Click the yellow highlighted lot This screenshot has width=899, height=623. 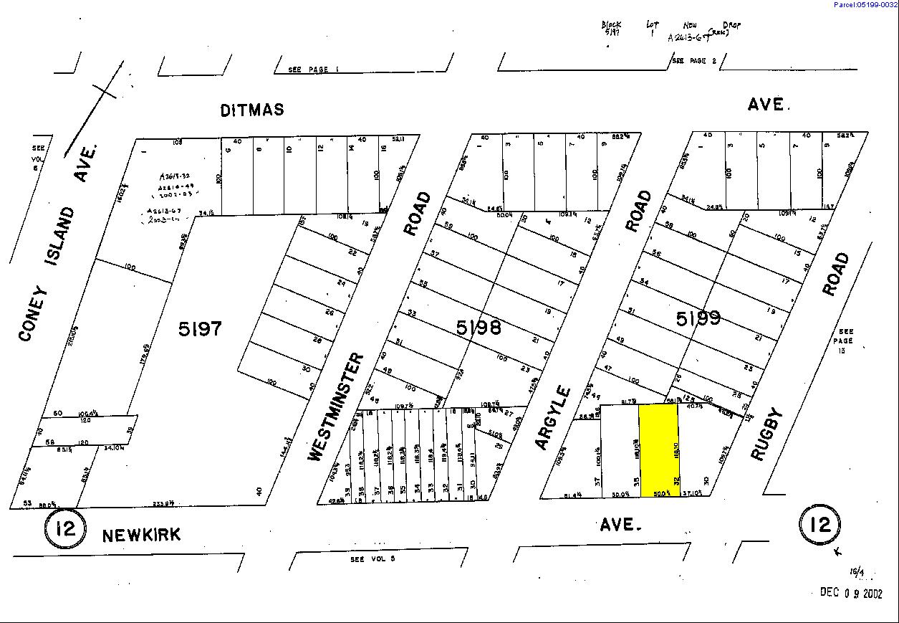(x=658, y=450)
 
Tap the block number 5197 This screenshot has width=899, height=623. (x=201, y=329)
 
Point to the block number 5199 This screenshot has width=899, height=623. (x=698, y=318)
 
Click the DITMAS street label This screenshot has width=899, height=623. (x=252, y=110)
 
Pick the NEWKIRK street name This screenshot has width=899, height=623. (x=141, y=536)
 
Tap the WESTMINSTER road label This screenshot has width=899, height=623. (x=335, y=406)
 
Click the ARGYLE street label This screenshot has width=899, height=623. (x=553, y=419)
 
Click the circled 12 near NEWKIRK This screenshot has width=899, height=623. (x=66, y=529)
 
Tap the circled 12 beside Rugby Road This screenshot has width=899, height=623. (x=819, y=524)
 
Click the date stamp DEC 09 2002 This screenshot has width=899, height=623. (x=851, y=592)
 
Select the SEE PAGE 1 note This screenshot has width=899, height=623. (x=308, y=70)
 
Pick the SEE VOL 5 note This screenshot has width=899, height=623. (x=372, y=559)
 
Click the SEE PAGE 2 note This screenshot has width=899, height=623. (x=693, y=61)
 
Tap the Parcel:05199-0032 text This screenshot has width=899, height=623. (x=865, y=5)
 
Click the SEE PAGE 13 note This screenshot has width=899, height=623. (x=847, y=341)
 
